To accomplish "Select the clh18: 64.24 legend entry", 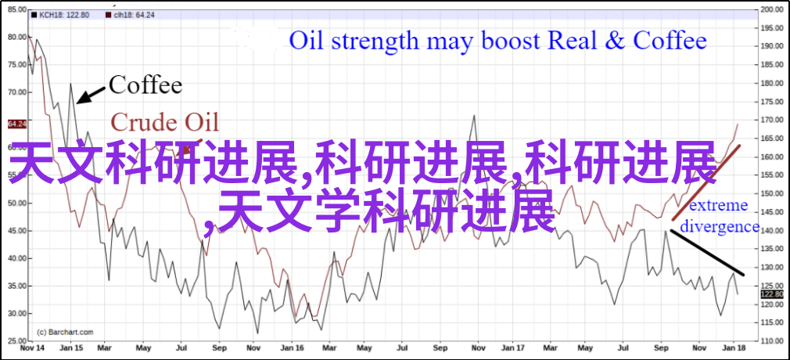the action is click(x=130, y=15).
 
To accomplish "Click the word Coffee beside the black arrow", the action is click(x=145, y=85).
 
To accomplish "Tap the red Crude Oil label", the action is click(x=165, y=123).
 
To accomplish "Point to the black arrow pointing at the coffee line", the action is click(x=91, y=95).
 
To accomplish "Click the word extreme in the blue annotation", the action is click(x=719, y=205).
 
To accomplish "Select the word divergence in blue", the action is click(x=720, y=226).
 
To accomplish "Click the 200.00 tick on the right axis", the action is click(x=772, y=9).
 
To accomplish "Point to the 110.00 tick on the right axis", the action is click(x=772, y=341).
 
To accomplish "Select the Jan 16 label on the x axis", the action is click(x=289, y=348).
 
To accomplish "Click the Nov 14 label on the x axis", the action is click(x=31, y=348).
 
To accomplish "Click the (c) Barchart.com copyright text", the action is click(x=66, y=332).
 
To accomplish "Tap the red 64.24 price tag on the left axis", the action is click(x=17, y=124).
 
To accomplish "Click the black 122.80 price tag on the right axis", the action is click(x=772, y=294).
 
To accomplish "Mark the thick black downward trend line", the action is click(x=706, y=253).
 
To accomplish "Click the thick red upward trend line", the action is click(x=706, y=182).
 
